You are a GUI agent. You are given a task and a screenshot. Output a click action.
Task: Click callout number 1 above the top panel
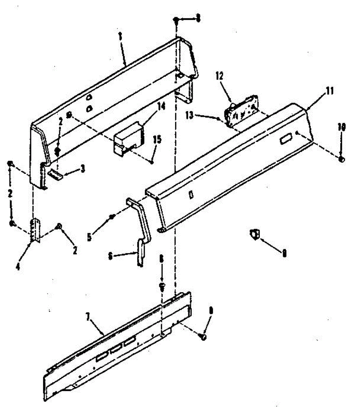coord(120,36)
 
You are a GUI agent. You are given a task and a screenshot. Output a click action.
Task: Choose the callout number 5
coord(89,237)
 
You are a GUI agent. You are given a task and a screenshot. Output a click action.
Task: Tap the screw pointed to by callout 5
coord(111,217)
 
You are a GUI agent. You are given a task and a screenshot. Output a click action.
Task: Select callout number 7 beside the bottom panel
coord(88,318)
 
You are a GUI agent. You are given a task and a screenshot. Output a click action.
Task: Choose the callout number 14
coord(162,107)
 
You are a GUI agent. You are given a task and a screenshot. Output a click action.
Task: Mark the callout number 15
coord(157,139)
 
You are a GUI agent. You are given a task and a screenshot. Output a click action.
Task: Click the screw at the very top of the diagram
coord(176,20)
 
